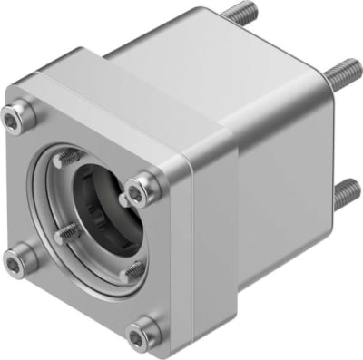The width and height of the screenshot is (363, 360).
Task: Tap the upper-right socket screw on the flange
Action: [x=138, y=189]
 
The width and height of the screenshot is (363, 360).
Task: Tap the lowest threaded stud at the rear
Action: [x=346, y=192]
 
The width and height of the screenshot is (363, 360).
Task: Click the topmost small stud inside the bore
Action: [x=65, y=158]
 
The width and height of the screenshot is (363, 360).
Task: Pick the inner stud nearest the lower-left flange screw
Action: [x=67, y=233]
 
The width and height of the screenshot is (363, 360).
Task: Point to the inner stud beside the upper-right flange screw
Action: [x=123, y=195]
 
